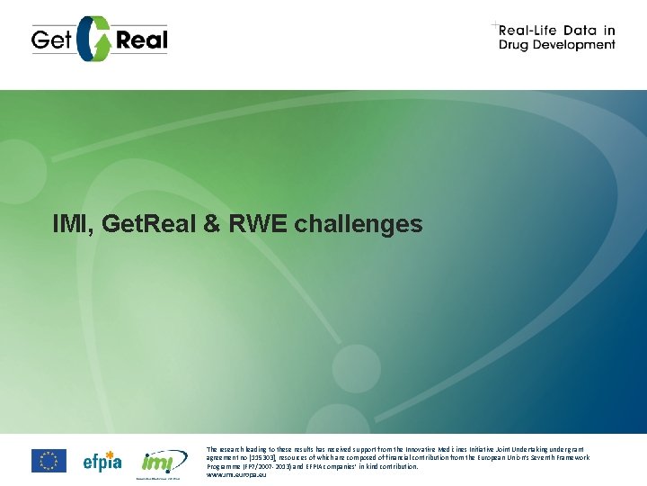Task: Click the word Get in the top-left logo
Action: tap(51, 40)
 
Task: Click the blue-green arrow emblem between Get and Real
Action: tap(94, 39)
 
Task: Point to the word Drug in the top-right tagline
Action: tap(518, 44)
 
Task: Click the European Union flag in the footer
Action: tap(49, 461)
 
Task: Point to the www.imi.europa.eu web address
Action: tap(236, 474)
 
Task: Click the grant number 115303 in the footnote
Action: tap(264, 457)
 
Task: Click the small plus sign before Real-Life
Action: tap(494, 24)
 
